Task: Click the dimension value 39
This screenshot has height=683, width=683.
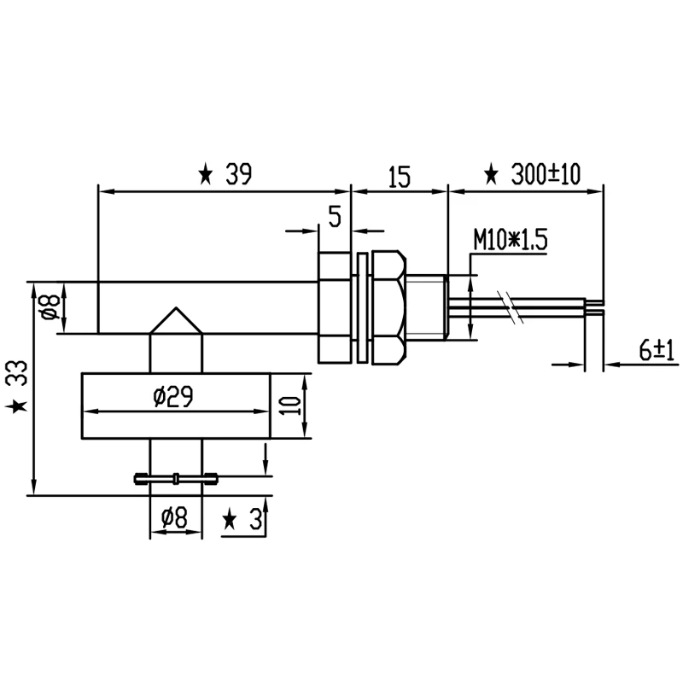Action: point(239,175)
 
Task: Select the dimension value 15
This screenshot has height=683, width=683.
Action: point(399,177)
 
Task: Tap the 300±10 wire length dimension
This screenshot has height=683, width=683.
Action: point(546,175)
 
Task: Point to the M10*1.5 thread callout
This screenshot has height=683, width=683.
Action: point(510,241)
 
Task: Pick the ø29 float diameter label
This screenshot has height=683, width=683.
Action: point(172,397)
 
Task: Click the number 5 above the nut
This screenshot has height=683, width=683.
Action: point(335,217)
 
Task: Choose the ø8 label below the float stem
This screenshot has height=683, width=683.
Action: point(174,517)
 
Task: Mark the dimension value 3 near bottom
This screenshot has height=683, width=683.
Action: point(254,519)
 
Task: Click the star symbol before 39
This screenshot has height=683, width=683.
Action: point(206,176)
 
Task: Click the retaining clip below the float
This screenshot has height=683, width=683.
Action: point(176,478)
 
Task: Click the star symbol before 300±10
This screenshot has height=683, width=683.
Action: point(491,176)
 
